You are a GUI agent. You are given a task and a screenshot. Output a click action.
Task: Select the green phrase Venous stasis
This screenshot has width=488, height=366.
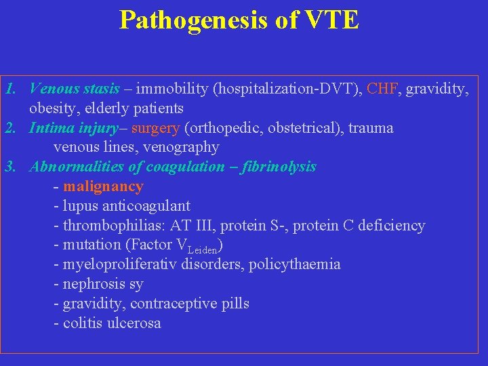point(75,89)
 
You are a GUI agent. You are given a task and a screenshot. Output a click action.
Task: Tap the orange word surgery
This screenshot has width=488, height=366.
point(155,128)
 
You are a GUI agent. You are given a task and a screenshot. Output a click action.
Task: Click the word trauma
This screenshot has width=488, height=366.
point(371,128)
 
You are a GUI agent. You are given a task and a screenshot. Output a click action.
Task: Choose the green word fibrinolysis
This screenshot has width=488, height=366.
point(279,167)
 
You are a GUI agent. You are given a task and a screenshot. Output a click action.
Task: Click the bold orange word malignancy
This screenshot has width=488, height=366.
point(103,186)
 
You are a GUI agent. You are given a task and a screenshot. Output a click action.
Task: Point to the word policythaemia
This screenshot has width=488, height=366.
point(295,264)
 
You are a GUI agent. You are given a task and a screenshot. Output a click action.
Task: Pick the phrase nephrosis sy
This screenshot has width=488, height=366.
point(103,284)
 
